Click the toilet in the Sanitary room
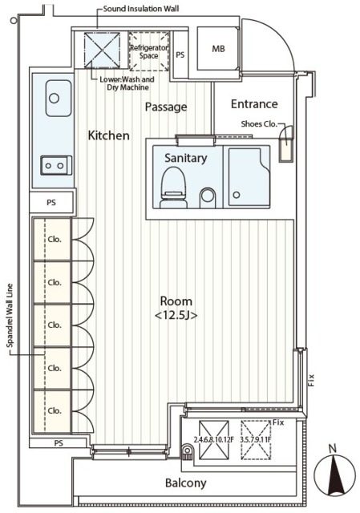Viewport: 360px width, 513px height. (174, 188)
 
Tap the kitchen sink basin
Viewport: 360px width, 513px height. (59, 98)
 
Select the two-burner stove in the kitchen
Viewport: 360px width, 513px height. (56, 165)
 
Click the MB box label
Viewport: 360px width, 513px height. (218, 49)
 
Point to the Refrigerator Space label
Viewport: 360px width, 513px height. (149, 51)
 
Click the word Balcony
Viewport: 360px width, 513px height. (185, 483)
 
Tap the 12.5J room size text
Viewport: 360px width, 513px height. (176, 316)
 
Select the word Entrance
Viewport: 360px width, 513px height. (254, 103)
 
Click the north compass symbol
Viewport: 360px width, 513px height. (334, 474)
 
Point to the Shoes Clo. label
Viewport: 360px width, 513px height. (259, 124)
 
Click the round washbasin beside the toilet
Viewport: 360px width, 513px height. (208, 196)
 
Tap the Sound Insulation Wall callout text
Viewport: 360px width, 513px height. (141, 9)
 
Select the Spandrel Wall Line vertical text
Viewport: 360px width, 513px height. (10, 315)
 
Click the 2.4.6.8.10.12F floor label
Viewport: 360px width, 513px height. (214, 440)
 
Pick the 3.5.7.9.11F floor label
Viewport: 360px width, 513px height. (256, 440)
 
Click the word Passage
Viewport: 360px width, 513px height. (166, 107)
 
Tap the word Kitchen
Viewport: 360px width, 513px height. (109, 135)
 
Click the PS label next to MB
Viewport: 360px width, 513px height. (180, 55)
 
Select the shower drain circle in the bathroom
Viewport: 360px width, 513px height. (237, 195)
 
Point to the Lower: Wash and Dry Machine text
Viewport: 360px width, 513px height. (127, 83)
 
